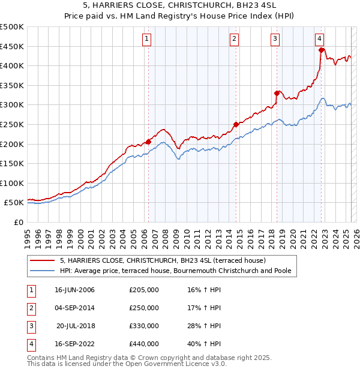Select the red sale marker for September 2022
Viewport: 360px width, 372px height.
[x=322, y=50]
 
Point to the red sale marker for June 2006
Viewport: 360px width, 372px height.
[x=148, y=142]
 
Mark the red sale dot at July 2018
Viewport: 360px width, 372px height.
[x=277, y=93]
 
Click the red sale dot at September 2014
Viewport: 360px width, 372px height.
[x=236, y=124]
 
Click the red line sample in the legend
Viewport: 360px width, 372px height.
[x=43, y=260]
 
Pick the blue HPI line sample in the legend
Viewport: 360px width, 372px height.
[x=43, y=271]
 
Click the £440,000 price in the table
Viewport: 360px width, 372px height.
[x=144, y=344]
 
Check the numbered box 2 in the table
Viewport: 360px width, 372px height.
[x=30, y=308]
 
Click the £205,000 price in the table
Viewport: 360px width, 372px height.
[x=144, y=290]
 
